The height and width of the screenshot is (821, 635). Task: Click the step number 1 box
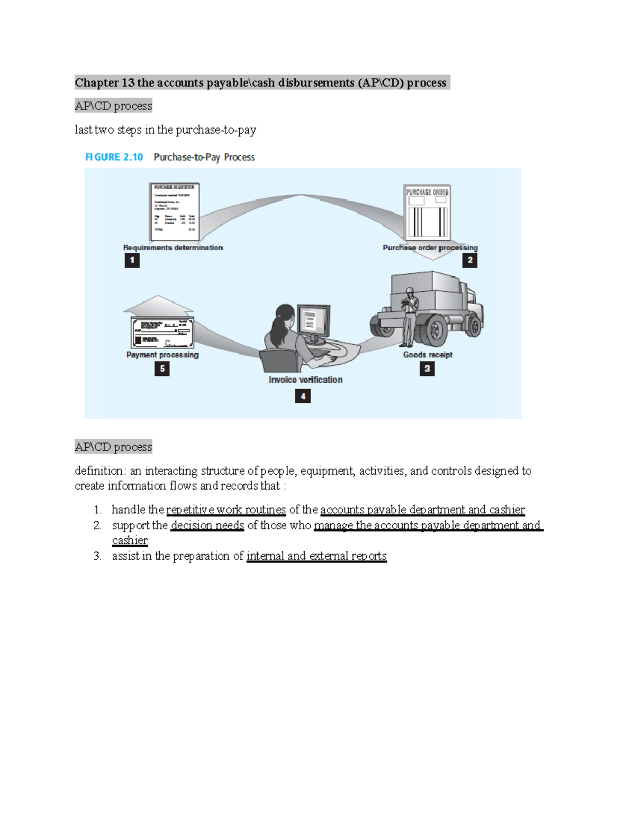pyautogui.click(x=132, y=260)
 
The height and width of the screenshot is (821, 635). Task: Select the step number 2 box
pyautogui.click(x=469, y=260)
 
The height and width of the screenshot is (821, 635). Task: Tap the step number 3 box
pyautogui.click(x=427, y=368)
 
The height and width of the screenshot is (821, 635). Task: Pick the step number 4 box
pyautogui.click(x=303, y=396)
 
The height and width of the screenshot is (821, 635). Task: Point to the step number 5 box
pyautogui.click(x=162, y=368)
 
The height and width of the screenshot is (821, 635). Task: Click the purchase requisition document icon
pyautogui.click(x=174, y=211)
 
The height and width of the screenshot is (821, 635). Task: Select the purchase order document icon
pyautogui.click(x=427, y=212)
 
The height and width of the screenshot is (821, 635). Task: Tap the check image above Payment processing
pyautogui.click(x=162, y=333)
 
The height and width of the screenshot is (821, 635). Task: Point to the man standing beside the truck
pyautogui.click(x=409, y=317)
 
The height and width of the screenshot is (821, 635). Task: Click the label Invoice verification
pyautogui.click(x=305, y=380)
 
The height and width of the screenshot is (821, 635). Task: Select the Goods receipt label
pyautogui.click(x=428, y=355)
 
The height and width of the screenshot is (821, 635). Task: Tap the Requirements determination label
pyautogui.click(x=173, y=247)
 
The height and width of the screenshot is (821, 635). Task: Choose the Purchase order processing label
pyautogui.click(x=430, y=247)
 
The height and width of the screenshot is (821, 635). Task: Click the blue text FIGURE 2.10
pyautogui.click(x=114, y=157)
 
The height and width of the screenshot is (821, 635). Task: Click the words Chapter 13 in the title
pyautogui.click(x=104, y=82)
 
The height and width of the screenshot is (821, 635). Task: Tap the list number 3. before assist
pyautogui.click(x=97, y=556)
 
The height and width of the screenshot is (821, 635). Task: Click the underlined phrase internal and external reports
pyautogui.click(x=316, y=556)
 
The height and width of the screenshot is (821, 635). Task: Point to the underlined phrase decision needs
pyautogui.click(x=207, y=525)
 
